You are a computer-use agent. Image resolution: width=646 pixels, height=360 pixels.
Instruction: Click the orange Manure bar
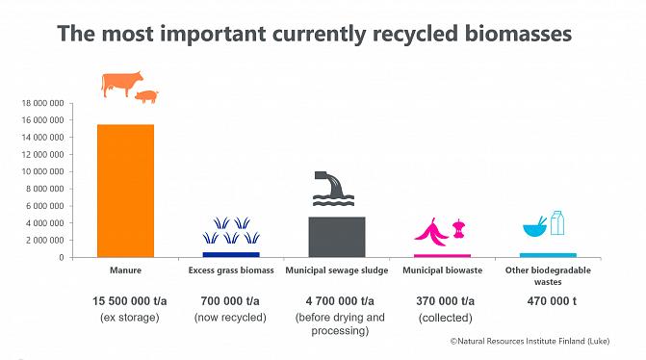[125, 191]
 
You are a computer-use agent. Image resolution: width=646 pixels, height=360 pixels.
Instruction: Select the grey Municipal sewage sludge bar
[336, 237]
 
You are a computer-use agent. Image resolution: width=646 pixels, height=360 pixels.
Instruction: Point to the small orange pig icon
[146, 96]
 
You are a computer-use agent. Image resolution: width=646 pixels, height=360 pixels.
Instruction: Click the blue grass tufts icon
[230, 230]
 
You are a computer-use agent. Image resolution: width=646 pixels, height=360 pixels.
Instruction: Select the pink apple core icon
[457, 229]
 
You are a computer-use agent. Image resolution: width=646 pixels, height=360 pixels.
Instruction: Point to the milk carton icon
[557, 223]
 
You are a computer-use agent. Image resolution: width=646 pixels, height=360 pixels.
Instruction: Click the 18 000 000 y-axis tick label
[43, 103]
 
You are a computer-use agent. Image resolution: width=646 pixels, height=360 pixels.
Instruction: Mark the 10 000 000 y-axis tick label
[43, 171]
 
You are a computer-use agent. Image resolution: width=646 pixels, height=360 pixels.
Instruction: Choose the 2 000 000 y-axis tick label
[45, 240]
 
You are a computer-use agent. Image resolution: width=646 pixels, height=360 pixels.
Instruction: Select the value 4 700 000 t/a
[336, 301]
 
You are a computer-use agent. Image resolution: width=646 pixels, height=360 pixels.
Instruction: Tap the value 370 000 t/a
[442, 301]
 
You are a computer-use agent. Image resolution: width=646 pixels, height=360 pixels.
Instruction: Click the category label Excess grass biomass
[231, 271]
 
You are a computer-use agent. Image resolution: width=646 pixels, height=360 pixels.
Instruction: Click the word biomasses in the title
[502, 35]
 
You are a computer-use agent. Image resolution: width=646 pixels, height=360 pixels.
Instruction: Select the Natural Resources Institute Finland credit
[544, 342]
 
